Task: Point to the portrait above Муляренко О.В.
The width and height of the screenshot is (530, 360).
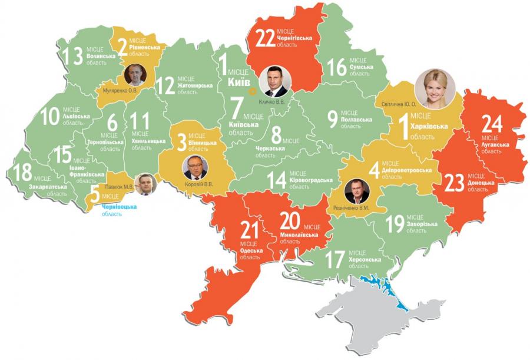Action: point(135,75)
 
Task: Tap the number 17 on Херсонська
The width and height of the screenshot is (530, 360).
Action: point(334,259)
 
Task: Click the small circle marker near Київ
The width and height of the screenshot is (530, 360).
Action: point(251,91)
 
